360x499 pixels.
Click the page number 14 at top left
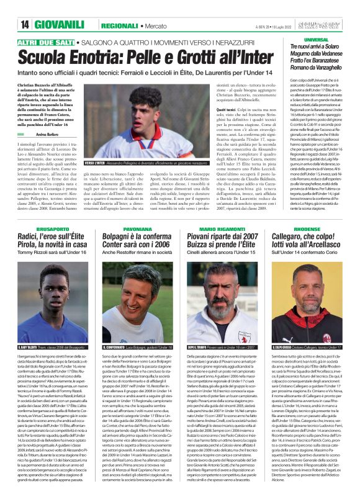12,24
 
